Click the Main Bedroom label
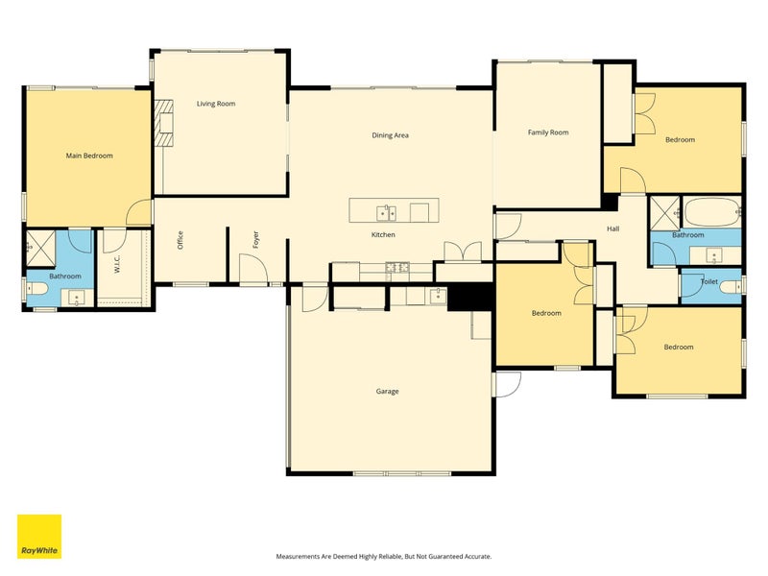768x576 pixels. point(89,156)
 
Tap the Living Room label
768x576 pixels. point(216,104)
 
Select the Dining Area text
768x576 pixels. point(391,135)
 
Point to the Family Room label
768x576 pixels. point(548,132)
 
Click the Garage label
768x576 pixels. point(388,392)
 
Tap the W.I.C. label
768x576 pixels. point(117,264)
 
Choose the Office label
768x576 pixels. point(180,240)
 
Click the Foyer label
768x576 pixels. point(255,239)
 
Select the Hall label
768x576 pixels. point(613,228)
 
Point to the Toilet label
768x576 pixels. point(709,281)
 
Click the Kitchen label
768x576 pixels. point(383,234)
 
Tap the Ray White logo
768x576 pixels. point(39,537)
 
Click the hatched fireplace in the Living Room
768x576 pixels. point(164,124)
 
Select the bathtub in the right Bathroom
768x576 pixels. point(711,212)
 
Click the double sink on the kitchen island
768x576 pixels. point(387,213)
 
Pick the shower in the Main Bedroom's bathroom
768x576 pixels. point(40,248)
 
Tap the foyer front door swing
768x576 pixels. point(253,269)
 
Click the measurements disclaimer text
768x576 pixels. point(384,557)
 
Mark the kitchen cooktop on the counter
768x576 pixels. point(397,268)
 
